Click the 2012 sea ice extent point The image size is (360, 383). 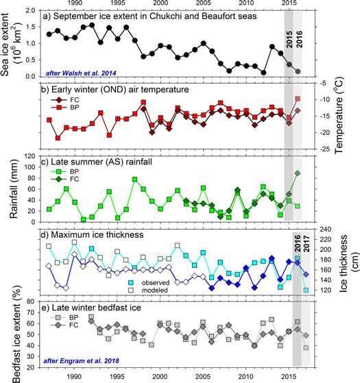[x=263, y=73]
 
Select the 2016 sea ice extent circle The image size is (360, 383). [x=298, y=71]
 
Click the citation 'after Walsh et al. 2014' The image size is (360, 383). [x=81, y=73]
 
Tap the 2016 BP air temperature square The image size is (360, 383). [x=298, y=99]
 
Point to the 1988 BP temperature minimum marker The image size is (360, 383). [x=58, y=138]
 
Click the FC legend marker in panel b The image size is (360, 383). [x=59, y=100]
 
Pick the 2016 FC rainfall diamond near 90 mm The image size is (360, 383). [x=298, y=173]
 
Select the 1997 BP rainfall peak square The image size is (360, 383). [x=134, y=180]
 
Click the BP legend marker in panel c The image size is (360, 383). [x=59, y=171]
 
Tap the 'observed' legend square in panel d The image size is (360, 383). [x=131, y=282]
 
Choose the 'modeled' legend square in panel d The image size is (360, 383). [x=131, y=291]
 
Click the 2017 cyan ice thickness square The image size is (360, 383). [x=306, y=291]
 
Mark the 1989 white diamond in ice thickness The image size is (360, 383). [x=66, y=288]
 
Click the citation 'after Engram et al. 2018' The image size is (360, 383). [x=81, y=361]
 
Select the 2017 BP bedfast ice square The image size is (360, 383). [x=306, y=347]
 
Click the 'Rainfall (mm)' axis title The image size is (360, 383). [x=14, y=189]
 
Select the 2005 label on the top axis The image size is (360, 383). [x=203, y=3]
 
